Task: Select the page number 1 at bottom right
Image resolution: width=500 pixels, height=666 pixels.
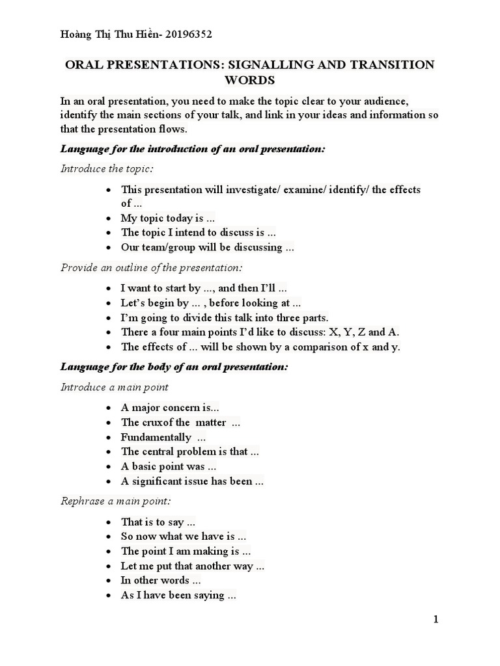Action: tap(436, 620)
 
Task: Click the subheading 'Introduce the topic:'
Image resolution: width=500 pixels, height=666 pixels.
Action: tap(107, 168)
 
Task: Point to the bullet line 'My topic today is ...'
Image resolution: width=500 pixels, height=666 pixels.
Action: tap(168, 219)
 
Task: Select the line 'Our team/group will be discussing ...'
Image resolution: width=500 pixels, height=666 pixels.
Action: tap(208, 247)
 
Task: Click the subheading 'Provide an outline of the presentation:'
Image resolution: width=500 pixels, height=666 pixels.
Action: tap(151, 267)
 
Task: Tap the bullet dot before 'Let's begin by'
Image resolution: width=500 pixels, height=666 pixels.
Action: tap(109, 304)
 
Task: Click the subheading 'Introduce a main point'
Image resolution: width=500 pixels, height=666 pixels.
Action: tap(114, 387)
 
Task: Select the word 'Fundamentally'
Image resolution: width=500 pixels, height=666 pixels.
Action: tap(156, 437)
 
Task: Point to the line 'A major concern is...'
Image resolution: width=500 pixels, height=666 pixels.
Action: tap(170, 408)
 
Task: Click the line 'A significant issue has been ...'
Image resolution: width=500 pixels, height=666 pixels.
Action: tap(192, 481)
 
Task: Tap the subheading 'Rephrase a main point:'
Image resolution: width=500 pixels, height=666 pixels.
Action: tap(116, 501)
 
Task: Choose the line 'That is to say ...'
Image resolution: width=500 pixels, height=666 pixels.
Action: tap(158, 522)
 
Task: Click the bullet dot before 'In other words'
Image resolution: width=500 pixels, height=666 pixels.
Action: tap(109, 581)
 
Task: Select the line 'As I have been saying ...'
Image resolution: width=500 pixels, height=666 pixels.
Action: tap(178, 595)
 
